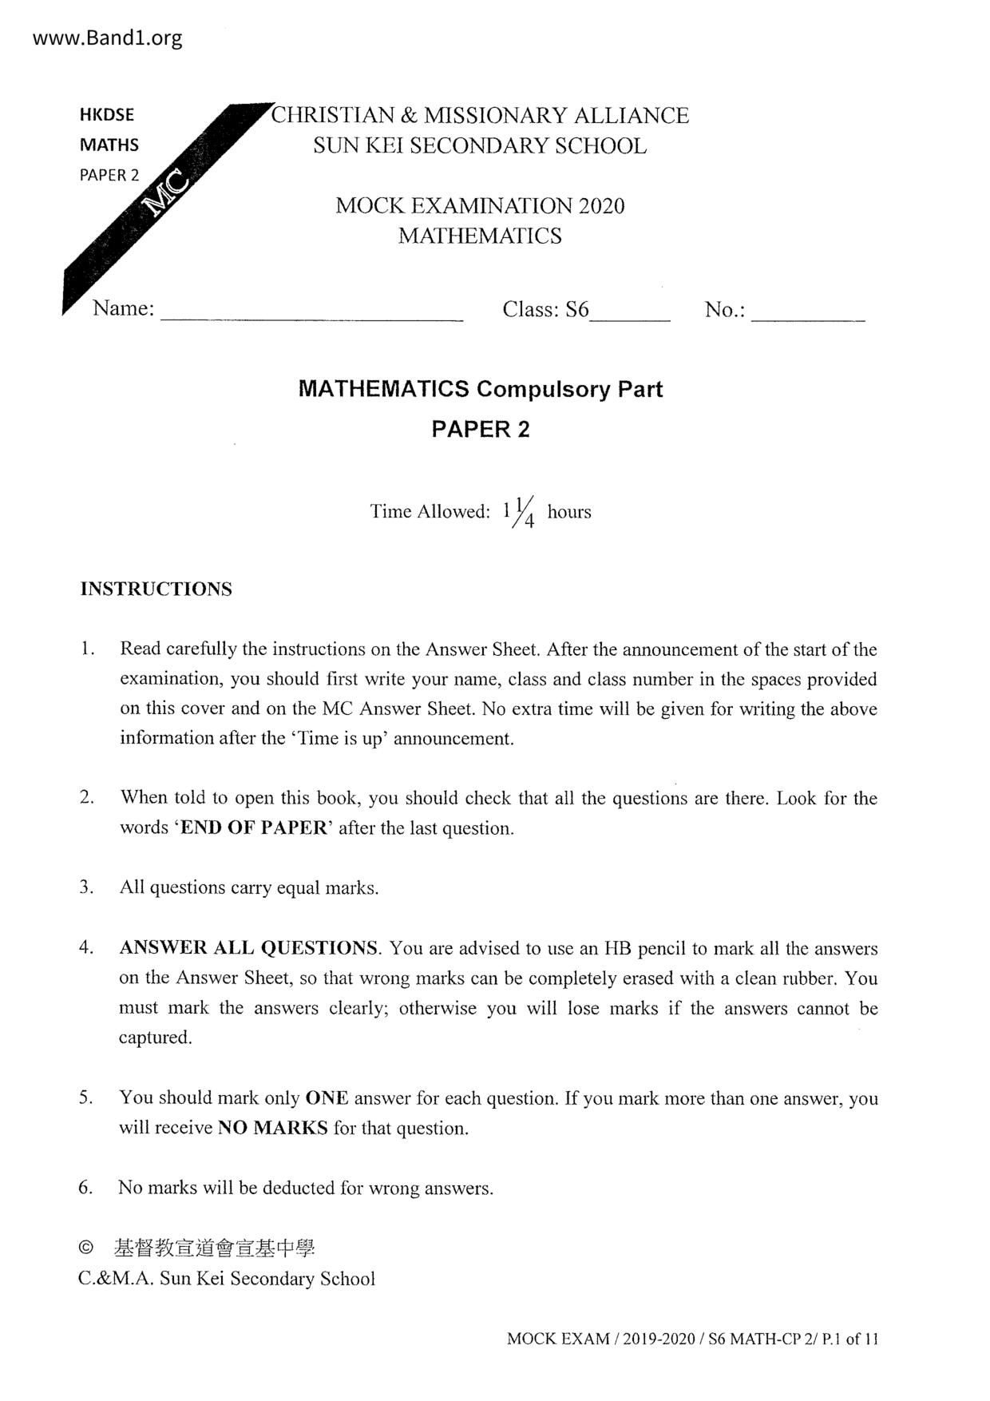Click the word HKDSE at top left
tap(107, 114)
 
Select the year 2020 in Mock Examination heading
tap(601, 206)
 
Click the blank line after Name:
tap(311, 312)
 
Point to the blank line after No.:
tap(808, 312)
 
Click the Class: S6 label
tap(545, 309)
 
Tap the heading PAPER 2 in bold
tap(481, 430)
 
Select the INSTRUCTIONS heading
tap(156, 589)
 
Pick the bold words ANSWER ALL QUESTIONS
tap(248, 948)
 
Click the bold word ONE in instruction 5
tap(327, 1098)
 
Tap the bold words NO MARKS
tap(272, 1129)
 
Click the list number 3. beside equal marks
tap(87, 887)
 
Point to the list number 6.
tap(85, 1188)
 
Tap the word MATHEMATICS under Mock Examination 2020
tap(480, 236)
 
